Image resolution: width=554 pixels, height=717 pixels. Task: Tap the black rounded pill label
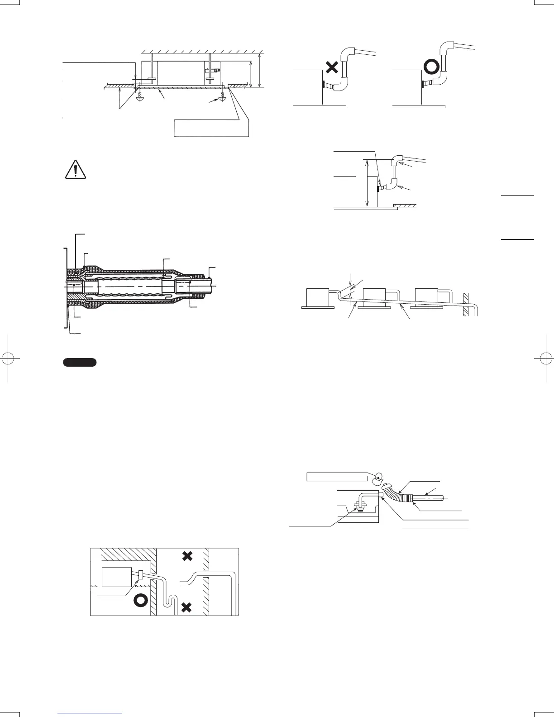click(x=80, y=362)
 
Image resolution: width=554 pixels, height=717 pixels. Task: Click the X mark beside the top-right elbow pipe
click(x=331, y=68)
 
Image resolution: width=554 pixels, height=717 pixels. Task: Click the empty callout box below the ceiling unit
click(x=211, y=128)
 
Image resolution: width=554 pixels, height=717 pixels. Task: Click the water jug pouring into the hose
click(x=378, y=478)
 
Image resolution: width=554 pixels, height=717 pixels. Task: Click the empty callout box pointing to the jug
click(x=336, y=477)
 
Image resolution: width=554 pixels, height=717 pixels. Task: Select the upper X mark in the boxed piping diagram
click(x=187, y=556)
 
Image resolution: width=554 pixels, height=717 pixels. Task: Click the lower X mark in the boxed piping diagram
click(x=186, y=607)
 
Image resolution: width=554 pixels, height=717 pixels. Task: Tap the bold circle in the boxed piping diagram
click(x=140, y=600)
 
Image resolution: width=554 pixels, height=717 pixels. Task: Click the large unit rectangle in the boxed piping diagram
click(x=117, y=578)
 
